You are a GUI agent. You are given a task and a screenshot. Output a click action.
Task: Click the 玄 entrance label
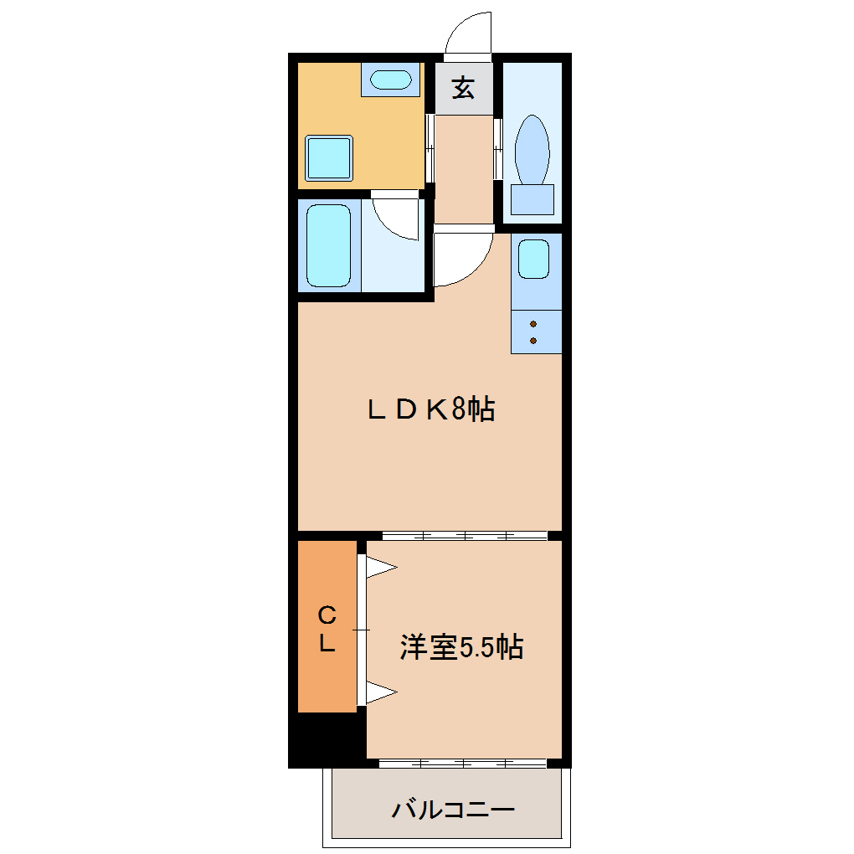click(464, 87)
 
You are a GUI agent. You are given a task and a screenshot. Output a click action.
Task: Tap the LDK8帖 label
click(431, 409)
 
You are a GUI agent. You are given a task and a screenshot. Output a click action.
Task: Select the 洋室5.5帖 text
click(461, 647)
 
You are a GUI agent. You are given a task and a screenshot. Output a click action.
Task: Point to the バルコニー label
click(453, 810)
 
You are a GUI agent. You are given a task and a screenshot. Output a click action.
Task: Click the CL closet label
click(327, 629)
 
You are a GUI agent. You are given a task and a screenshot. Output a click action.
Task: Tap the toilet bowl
click(532, 149)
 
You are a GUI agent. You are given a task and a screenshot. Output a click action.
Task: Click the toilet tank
click(532, 199)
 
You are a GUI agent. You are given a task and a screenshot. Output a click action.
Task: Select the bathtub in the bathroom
click(328, 245)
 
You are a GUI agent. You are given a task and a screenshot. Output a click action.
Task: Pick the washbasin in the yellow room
click(390, 80)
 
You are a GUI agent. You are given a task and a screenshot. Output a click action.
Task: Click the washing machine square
click(329, 158)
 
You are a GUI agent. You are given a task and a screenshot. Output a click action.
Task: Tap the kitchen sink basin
click(534, 260)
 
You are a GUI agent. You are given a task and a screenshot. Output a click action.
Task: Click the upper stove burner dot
click(533, 324)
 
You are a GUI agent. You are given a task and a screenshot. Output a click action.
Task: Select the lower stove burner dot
click(533, 341)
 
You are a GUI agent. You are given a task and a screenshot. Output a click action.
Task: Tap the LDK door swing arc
click(475, 270)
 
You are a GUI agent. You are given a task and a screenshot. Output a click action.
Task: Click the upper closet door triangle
click(379, 567)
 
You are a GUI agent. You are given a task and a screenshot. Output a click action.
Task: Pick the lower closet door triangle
click(379, 692)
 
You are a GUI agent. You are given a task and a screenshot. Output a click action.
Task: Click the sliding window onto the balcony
click(463, 763)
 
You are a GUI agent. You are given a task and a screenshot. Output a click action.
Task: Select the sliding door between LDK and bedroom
click(465, 536)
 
